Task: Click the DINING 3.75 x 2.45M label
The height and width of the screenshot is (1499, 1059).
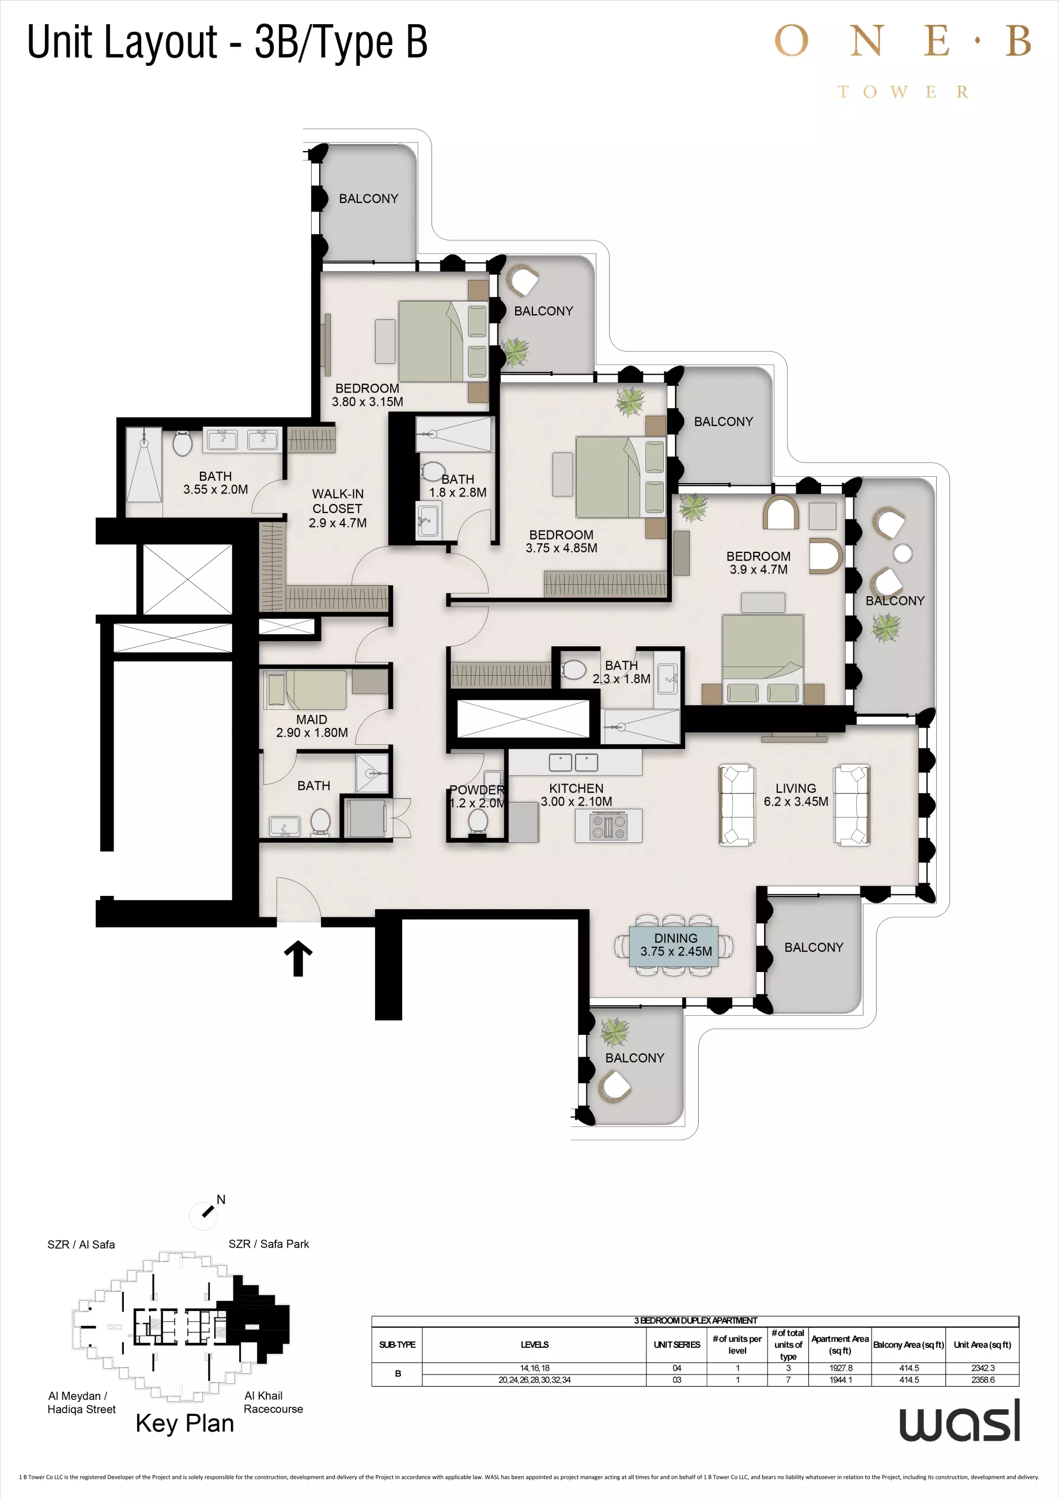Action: coord(675,945)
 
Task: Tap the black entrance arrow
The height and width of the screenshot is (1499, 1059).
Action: coord(298,958)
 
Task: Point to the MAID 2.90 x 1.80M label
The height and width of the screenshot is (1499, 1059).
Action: coord(311,726)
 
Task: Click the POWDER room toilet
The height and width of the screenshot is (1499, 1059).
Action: coord(478,822)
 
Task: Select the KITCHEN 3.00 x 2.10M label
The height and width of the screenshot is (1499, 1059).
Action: coord(576,794)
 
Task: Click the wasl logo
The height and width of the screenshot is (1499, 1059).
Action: coord(959,1421)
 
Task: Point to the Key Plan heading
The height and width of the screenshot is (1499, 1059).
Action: coord(184,1423)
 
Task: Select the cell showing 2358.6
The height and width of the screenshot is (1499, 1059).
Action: coord(982,1380)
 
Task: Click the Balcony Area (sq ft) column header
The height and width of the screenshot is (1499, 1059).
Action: coord(908,1345)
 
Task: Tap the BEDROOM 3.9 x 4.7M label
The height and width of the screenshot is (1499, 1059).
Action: coord(758,563)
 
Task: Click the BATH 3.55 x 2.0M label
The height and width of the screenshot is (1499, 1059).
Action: coord(215,483)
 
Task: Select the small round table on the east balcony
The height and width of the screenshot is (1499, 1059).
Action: coord(902,553)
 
